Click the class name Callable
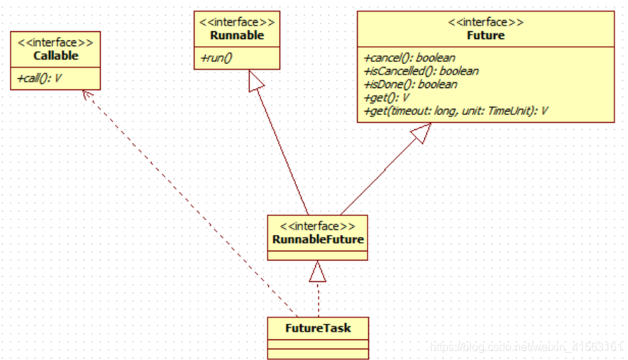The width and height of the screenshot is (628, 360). (x=55, y=55)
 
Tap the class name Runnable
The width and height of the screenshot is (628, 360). (x=236, y=36)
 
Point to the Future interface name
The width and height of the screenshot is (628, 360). (x=485, y=35)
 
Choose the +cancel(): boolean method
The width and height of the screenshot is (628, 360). (x=409, y=58)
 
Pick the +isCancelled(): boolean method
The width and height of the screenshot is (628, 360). (x=421, y=71)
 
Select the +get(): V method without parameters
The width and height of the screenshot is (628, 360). (x=387, y=97)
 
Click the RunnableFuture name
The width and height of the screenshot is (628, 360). (x=318, y=239)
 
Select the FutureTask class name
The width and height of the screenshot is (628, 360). (x=318, y=328)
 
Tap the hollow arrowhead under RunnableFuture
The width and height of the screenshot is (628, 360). (x=318, y=270)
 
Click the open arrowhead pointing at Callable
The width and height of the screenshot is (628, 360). (x=86, y=95)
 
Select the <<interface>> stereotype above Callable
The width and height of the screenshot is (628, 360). (x=55, y=43)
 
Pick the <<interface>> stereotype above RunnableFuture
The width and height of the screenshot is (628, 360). (x=318, y=227)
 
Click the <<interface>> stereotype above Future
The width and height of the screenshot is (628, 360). (x=485, y=22)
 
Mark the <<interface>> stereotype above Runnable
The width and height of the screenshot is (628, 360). (x=236, y=23)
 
